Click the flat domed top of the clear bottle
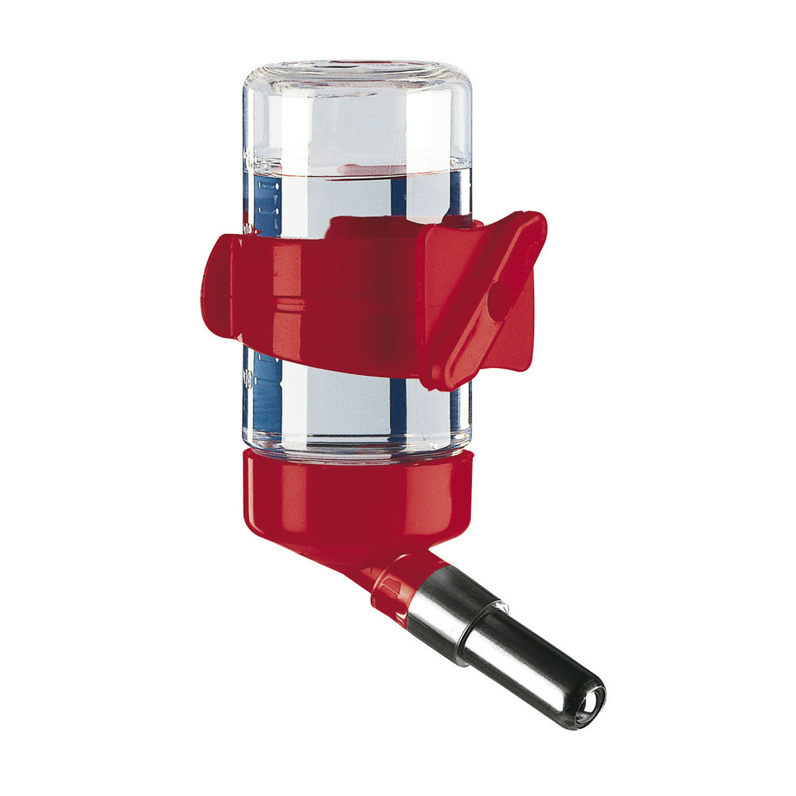click(x=356, y=68)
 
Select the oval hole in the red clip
click(x=499, y=300)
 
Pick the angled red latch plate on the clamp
click(x=478, y=302)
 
